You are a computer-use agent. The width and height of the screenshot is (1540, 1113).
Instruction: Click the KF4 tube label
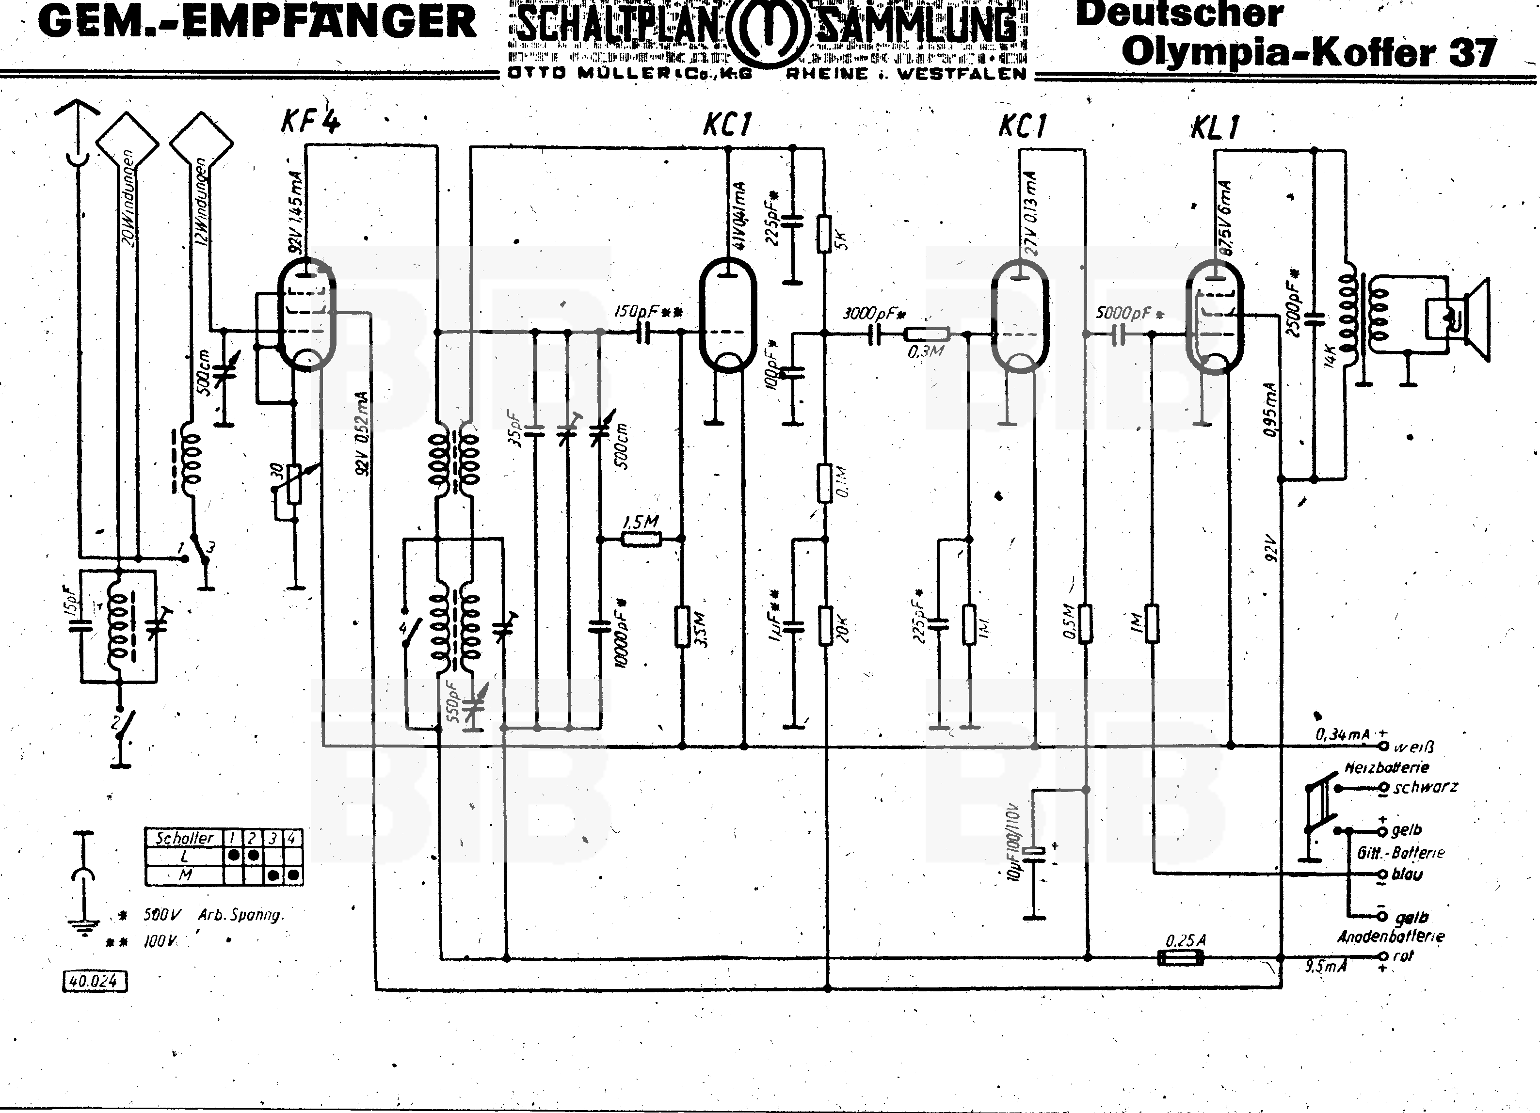pos(310,122)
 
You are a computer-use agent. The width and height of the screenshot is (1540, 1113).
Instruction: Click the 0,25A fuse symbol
pos(1180,957)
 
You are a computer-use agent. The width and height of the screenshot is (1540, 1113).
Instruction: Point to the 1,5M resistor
pos(641,540)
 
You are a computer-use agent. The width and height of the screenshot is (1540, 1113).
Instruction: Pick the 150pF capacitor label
pos(648,312)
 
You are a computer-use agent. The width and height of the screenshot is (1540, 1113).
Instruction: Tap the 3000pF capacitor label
pos(874,314)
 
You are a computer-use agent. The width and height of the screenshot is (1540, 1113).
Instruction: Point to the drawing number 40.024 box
pos(95,981)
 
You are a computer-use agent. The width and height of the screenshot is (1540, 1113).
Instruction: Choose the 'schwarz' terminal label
pos(1425,787)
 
